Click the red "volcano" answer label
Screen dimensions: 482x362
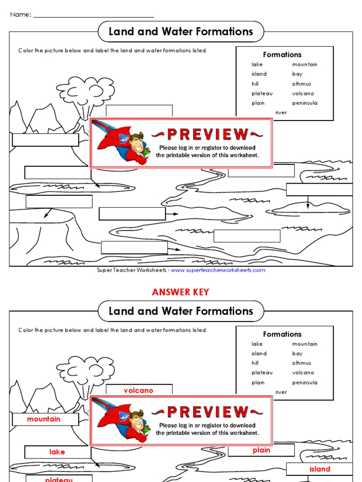pyautogui.click(x=139, y=391)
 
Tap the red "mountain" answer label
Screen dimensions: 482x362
pyautogui.click(x=44, y=419)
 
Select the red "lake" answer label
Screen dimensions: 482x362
pyautogui.click(x=57, y=452)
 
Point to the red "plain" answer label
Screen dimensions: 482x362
pyautogui.click(x=261, y=450)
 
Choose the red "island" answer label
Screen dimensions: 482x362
pyautogui.click(x=320, y=469)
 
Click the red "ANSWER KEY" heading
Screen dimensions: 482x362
pyautogui.click(x=181, y=292)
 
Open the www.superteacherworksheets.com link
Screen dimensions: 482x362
pyautogui.click(x=218, y=270)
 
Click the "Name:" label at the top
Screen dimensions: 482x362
pyautogui.click(x=21, y=15)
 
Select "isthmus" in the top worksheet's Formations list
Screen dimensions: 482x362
pyautogui.click(x=302, y=84)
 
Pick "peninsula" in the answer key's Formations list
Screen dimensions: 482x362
pyautogui.click(x=304, y=383)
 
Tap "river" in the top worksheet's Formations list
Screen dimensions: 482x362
pyautogui.click(x=281, y=112)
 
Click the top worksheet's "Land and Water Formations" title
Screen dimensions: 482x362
pyautogui.click(x=181, y=32)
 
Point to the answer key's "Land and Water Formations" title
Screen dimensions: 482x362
pyautogui.click(x=181, y=311)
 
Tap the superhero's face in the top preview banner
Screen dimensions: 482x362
pyautogui.click(x=136, y=143)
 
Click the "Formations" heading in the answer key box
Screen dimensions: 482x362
pyautogui.click(x=282, y=334)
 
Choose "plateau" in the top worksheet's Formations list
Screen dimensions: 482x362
pyautogui.click(x=262, y=93)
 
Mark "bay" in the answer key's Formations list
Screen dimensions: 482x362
pyautogui.click(x=297, y=353)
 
